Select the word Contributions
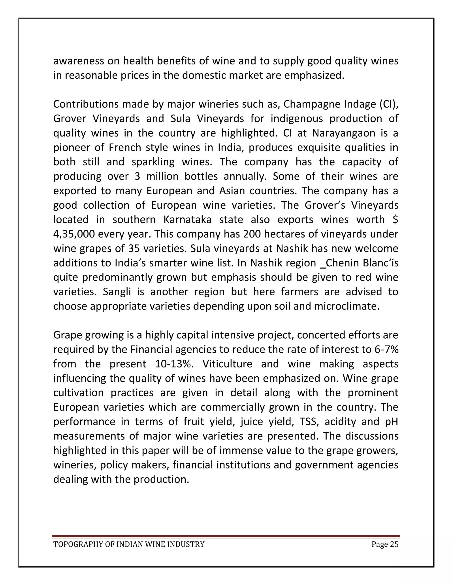[x=86, y=104]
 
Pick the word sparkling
[x=153, y=162]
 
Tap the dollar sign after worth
[x=395, y=220]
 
